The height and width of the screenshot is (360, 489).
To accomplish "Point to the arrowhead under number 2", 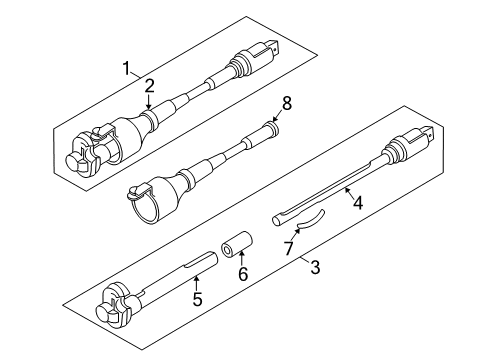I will tap(148, 107).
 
